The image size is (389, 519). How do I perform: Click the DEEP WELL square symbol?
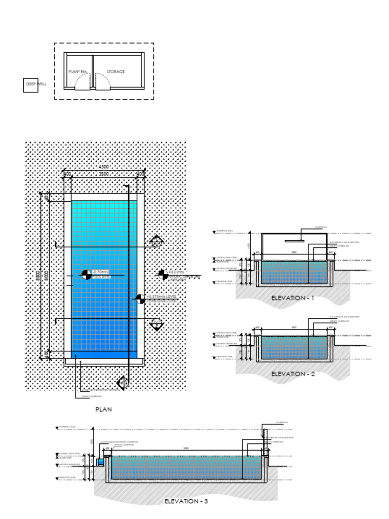pos(31,85)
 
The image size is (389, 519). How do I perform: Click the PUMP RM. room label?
pos(77,72)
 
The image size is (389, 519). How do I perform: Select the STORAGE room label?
pos(115,72)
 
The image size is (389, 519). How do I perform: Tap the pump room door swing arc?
pos(84,80)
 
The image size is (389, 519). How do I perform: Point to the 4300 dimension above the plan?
pos(103,167)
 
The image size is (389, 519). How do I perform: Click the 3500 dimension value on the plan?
pos(104,174)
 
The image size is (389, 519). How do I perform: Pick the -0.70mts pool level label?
pos(100,272)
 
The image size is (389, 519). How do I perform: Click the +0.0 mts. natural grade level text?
pos(176,272)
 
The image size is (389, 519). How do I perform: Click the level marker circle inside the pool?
pos(87,275)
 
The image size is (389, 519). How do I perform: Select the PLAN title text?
pos(103,409)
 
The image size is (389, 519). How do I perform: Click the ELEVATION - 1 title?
pos(293,298)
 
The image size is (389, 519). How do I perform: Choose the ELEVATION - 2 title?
pos(293,374)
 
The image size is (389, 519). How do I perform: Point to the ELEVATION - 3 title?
pos(186,501)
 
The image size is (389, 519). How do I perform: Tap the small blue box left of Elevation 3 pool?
pos(100,462)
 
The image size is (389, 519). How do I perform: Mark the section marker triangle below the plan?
pos(122,383)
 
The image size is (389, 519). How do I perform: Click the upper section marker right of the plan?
pos(157,242)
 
